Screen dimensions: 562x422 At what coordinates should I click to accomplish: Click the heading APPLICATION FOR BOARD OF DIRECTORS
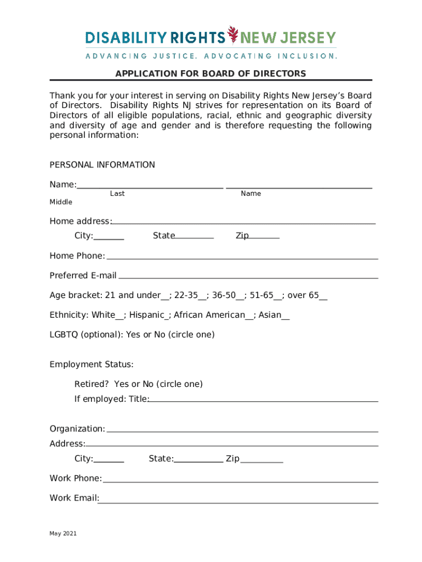(x=210, y=74)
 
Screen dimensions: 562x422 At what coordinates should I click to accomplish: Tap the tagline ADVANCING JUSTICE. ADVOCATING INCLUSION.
(x=211, y=56)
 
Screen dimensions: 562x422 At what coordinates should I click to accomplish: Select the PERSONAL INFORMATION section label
(x=102, y=165)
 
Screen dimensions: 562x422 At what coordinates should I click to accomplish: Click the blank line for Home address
(x=244, y=222)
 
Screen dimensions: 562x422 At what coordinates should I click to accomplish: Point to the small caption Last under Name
(x=117, y=194)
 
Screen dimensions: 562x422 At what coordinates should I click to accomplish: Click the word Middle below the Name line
(x=61, y=202)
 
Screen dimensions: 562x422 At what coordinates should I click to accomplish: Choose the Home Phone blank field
(x=242, y=256)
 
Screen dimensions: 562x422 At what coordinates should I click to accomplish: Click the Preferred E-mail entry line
(x=247, y=276)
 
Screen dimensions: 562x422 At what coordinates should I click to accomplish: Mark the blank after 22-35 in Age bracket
(x=202, y=297)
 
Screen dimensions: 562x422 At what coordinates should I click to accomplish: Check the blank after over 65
(x=323, y=297)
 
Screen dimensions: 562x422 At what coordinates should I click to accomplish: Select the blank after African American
(x=249, y=316)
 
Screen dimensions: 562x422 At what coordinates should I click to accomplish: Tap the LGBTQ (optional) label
(x=86, y=334)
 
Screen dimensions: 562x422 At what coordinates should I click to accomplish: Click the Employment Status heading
(x=92, y=364)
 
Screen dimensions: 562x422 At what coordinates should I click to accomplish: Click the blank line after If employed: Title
(x=263, y=400)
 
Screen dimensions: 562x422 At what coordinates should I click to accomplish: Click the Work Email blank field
(x=238, y=499)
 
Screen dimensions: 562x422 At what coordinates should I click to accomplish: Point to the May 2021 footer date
(x=63, y=533)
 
